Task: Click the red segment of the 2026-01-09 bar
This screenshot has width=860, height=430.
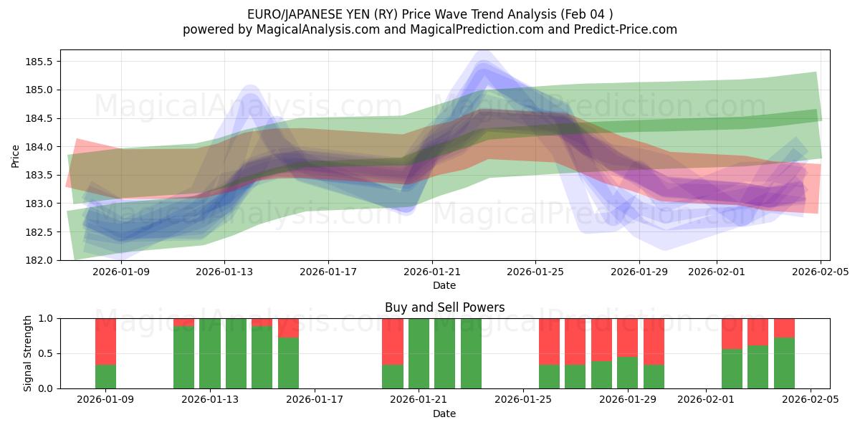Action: coord(105,341)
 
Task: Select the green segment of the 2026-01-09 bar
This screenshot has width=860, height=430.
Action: coord(105,376)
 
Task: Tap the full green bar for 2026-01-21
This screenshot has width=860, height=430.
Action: coord(419,353)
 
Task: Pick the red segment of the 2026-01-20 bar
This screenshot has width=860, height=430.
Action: coord(393,341)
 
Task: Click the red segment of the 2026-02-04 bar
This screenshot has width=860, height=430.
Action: coord(784,328)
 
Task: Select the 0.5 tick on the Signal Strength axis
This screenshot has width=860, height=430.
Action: coord(47,353)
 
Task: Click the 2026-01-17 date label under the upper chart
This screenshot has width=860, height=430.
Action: coord(328,272)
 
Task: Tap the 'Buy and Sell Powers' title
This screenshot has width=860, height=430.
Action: coord(444,307)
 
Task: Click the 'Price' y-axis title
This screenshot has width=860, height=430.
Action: coord(16,155)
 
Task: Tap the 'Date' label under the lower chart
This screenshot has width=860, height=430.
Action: coord(444,414)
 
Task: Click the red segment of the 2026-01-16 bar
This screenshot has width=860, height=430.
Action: coord(288,328)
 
